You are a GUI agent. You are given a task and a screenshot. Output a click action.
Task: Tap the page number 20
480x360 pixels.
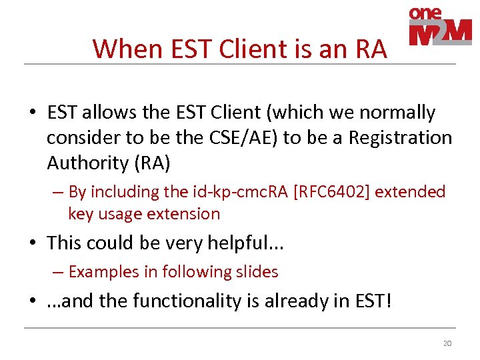[447, 343]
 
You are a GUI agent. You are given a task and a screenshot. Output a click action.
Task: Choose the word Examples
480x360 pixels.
[101, 272]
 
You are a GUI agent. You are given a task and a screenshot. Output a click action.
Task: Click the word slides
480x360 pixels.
[255, 272]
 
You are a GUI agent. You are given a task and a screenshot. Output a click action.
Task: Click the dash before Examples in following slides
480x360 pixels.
[57, 272]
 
